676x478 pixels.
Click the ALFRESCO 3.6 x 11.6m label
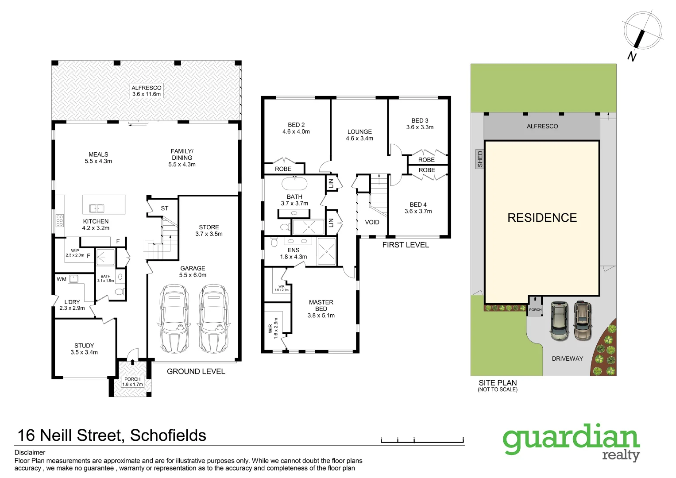coord(147,91)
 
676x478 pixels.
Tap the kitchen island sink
coord(97,208)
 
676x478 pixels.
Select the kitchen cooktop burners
coord(60,220)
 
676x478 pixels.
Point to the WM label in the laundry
coord(62,279)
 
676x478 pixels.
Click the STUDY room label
coord(84,349)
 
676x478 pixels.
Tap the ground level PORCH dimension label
coord(132,382)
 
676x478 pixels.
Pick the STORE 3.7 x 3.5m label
coord(209,230)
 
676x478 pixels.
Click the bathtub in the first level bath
coord(294,183)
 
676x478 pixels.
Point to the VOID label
coord(372,222)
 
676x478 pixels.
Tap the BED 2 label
coord(296,128)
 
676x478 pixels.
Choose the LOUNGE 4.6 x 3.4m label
coord(359,135)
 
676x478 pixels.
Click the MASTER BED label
coord(321,308)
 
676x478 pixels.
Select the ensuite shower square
coord(327,251)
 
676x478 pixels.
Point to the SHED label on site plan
coord(480,159)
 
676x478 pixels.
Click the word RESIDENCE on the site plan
coord(542,218)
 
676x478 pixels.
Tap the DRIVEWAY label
coord(567,358)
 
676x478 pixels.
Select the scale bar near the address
coord(422,440)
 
